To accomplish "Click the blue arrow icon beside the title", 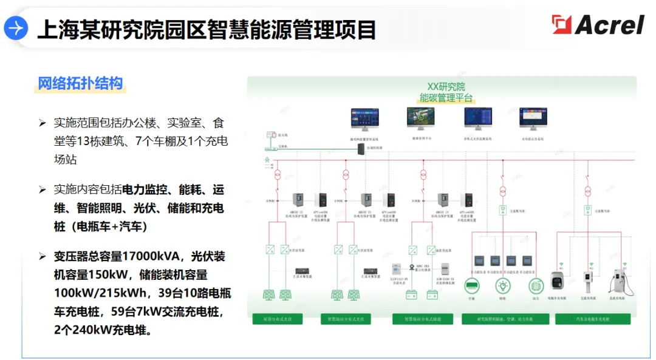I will tap(16, 28).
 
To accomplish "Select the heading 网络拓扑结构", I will tap(80, 83).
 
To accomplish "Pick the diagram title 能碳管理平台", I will tap(446, 98).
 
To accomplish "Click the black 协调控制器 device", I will tap(361, 149).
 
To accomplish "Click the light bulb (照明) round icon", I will tap(502, 286).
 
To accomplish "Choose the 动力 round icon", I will tap(535, 286).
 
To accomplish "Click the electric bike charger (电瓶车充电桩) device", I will tap(558, 282).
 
